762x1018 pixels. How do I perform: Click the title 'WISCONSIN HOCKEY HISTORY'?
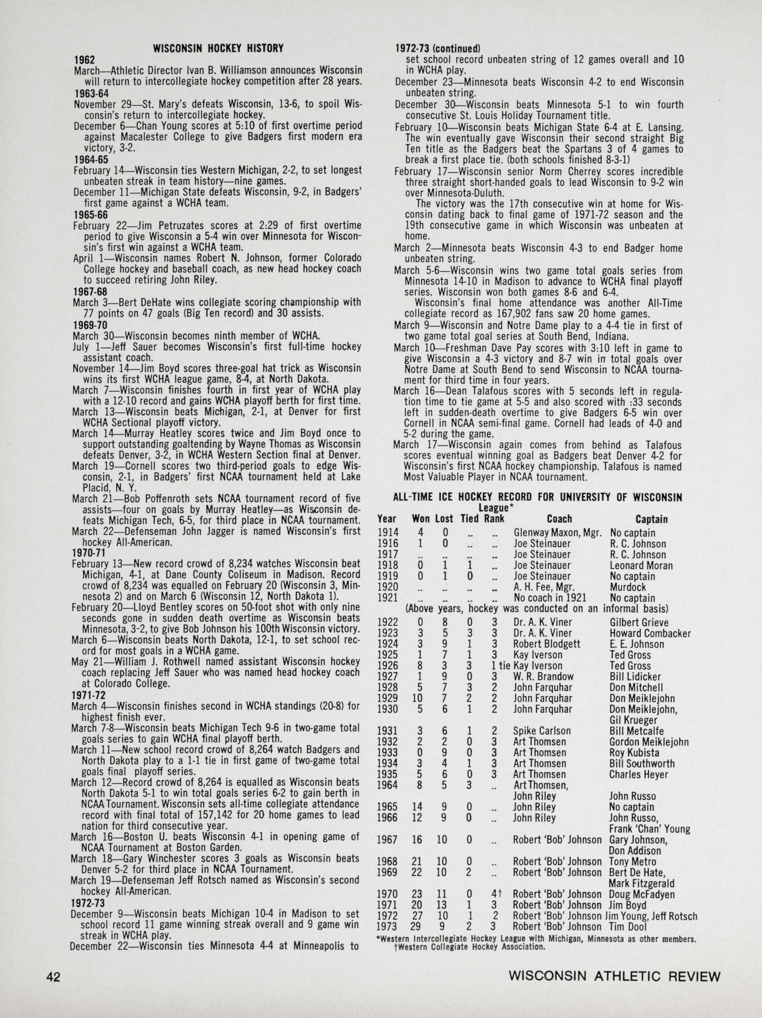tap(218, 48)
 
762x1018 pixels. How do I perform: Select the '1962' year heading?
tap(84, 60)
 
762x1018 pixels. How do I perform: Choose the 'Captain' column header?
tap(652, 519)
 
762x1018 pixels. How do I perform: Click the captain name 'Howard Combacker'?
tap(650, 634)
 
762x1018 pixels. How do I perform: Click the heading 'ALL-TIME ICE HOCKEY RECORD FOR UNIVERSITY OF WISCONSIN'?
tap(537, 497)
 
